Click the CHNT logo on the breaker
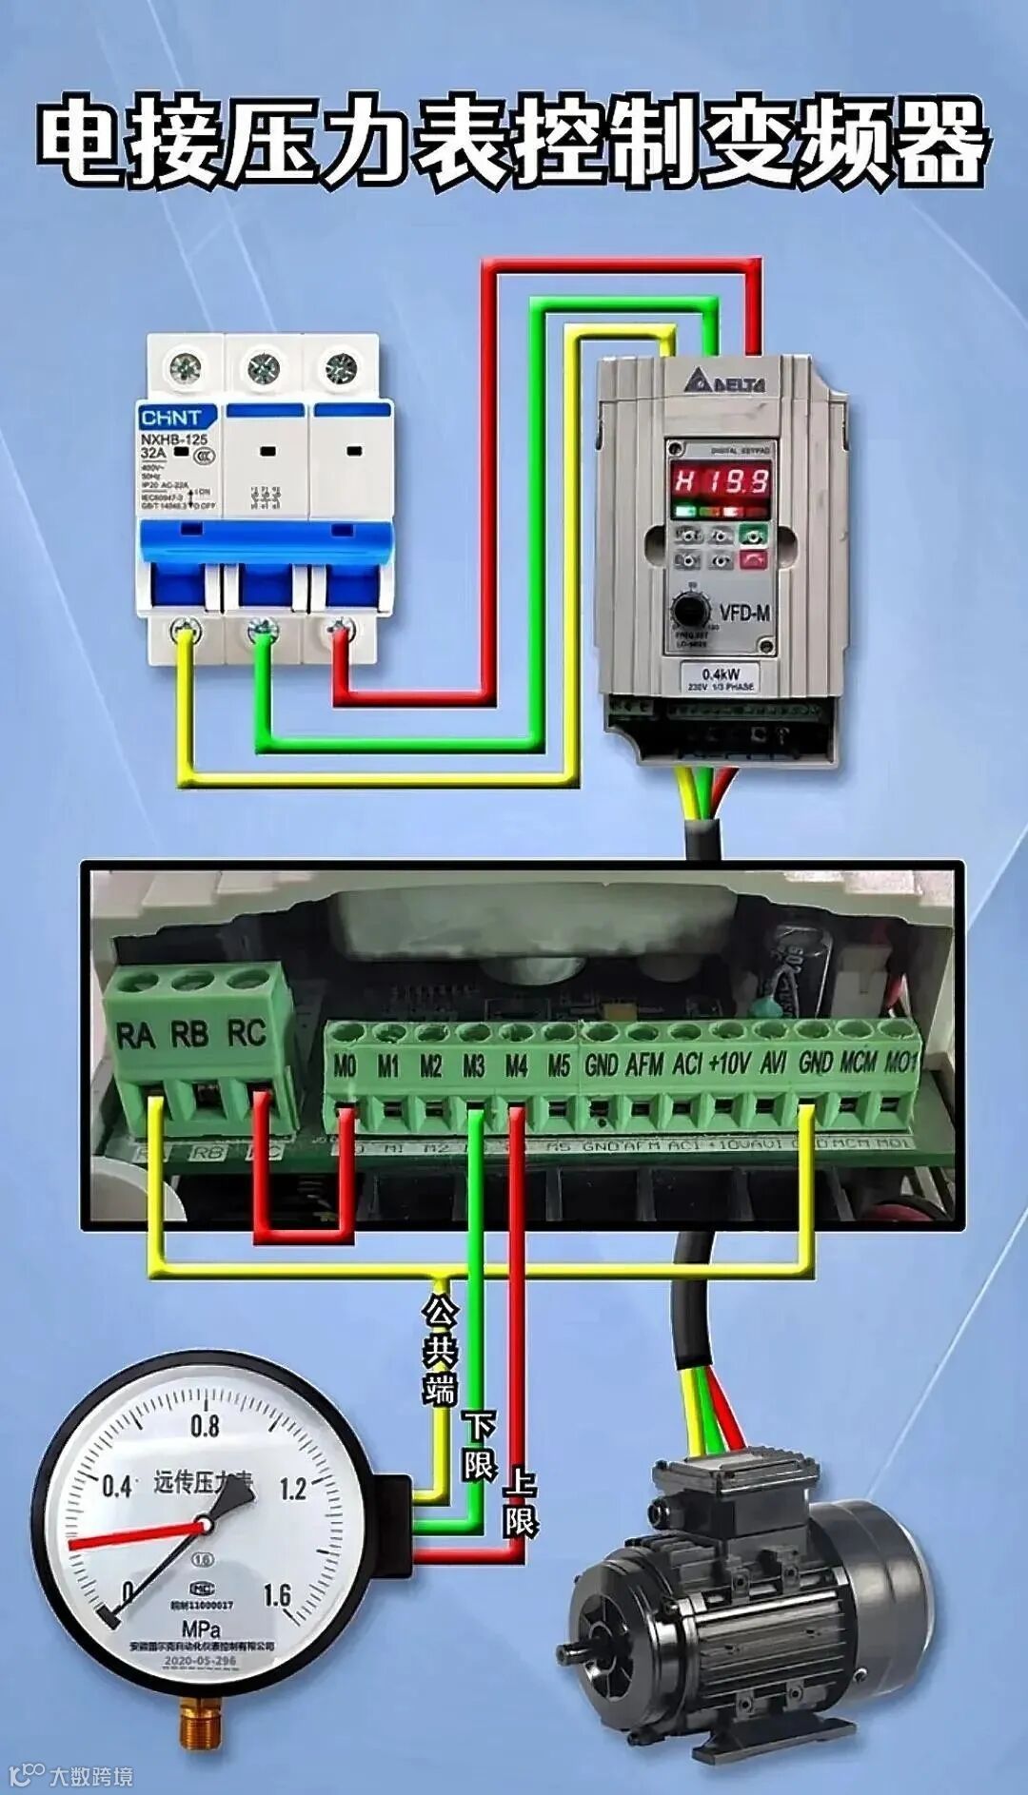pyautogui.click(x=171, y=418)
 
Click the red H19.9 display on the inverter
pyautogui.click(x=722, y=480)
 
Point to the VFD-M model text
pyautogui.click(x=745, y=614)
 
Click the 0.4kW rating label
pyautogui.click(x=721, y=673)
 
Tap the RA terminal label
pyautogui.click(x=134, y=1034)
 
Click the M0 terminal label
pyautogui.click(x=345, y=1066)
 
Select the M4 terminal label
pyautogui.click(x=516, y=1066)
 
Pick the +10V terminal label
pyautogui.click(x=729, y=1063)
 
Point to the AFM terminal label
pyautogui.click(x=644, y=1064)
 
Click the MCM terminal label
pyautogui.click(x=859, y=1062)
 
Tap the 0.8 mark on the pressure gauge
pyautogui.click(x=205, y=1426)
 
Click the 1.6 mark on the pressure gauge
pyautogui.click(x=276, y=1595)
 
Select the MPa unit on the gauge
pyautogui.click(x=201, y=1630)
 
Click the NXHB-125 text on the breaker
pyautogui.click(x=173, y=439)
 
